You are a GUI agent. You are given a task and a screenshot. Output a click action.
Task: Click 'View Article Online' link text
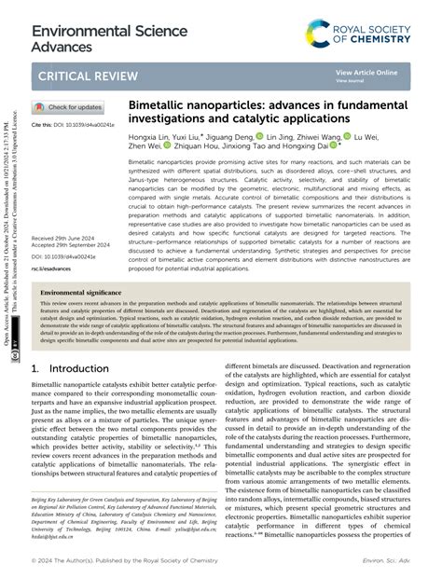pyautogui.click(x=366, y=72)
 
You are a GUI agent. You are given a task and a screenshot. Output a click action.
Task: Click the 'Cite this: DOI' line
pyautogui.click(x=73, y=124)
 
